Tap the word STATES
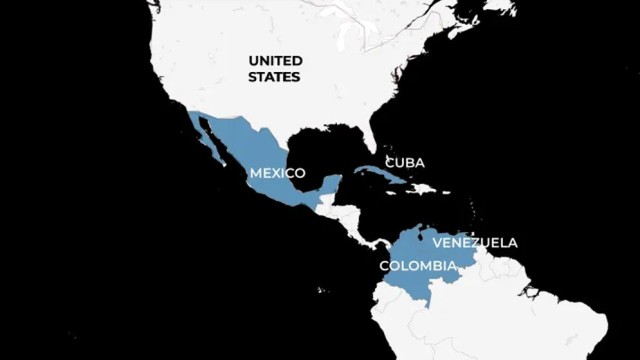[x=276, y=76]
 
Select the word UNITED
[x=276, y=60]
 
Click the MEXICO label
[x=277, y=173]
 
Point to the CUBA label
[x=404, y=162]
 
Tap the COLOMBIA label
[x=418, y=265]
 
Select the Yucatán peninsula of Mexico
[x=328, y=186]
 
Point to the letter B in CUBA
[x=412, y=162]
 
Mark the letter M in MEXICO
[x=255, y=173]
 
